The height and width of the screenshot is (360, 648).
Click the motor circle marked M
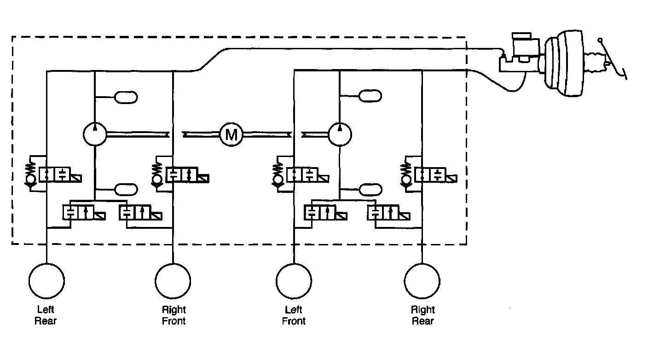231,134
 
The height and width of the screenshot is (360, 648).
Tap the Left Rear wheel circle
46,281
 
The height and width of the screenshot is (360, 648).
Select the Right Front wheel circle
173,281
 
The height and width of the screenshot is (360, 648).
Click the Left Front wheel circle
294,281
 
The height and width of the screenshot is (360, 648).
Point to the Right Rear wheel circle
422,281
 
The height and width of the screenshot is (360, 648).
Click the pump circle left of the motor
94,134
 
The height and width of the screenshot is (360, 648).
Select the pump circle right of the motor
340,134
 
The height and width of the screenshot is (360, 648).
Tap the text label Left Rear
46,315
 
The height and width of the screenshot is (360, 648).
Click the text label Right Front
174,315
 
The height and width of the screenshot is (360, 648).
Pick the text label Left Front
294,315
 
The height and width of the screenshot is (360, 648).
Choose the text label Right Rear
422,315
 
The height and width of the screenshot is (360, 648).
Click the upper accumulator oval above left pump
125,97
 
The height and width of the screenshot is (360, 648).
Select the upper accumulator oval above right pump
370,96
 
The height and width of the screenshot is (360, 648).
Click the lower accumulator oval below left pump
125,189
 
